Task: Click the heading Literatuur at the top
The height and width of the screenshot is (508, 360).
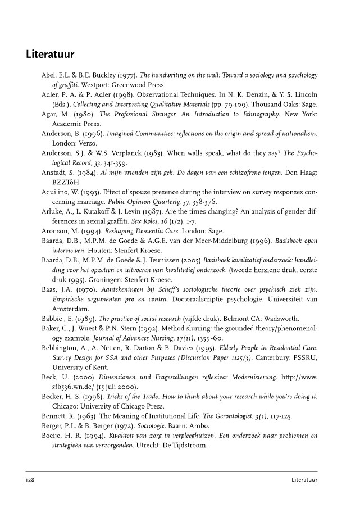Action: (x=51, y=56)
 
